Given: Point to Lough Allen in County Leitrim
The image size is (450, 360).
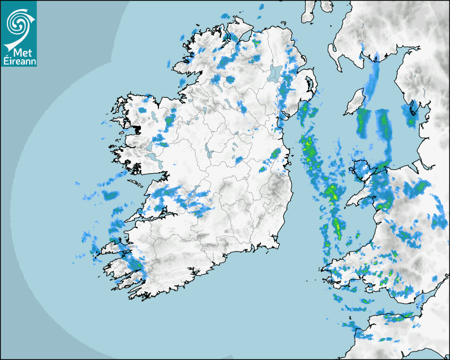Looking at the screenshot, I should click(204, 112).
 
